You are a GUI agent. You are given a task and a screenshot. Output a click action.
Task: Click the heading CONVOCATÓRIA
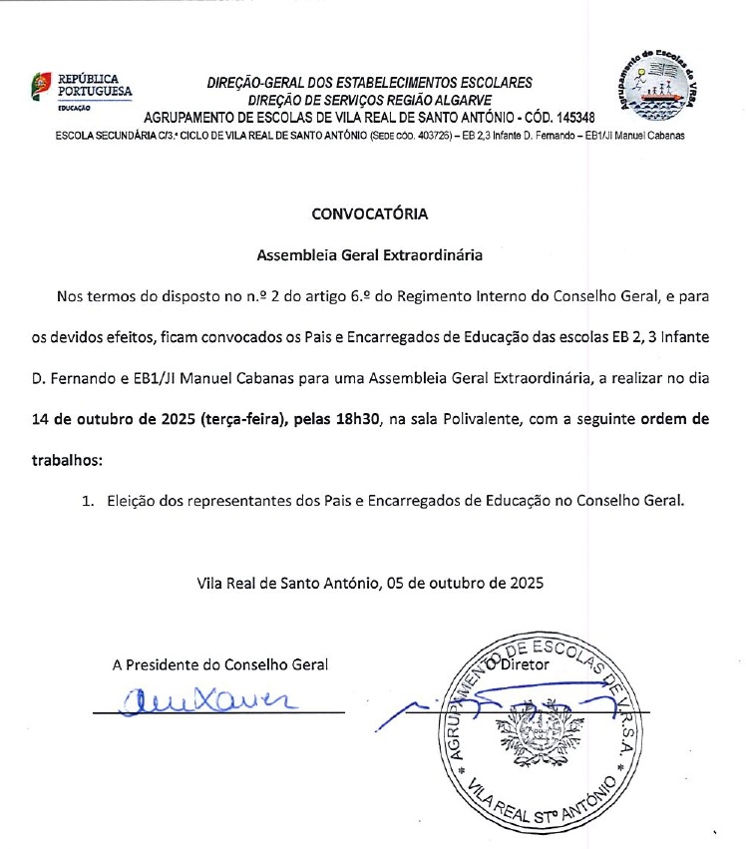pos(370,213)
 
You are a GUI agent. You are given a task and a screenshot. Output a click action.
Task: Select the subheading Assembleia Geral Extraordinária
pos(370,254)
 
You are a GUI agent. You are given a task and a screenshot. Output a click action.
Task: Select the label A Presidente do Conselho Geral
pos(219,664)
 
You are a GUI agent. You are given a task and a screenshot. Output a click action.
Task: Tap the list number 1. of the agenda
pos(88,502)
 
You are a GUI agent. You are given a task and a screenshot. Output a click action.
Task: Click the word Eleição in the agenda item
pos(132,502)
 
